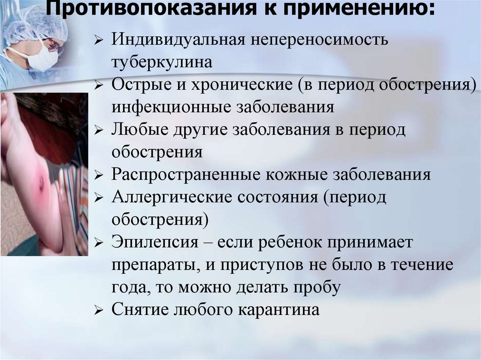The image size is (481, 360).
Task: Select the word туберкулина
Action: click(162, 62)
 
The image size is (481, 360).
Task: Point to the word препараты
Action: click(150, 265)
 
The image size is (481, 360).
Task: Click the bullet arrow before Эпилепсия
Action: click(98, 243)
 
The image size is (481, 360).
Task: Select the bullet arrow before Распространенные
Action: click(98, 176)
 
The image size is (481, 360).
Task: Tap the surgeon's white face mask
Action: click(45, 59)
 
